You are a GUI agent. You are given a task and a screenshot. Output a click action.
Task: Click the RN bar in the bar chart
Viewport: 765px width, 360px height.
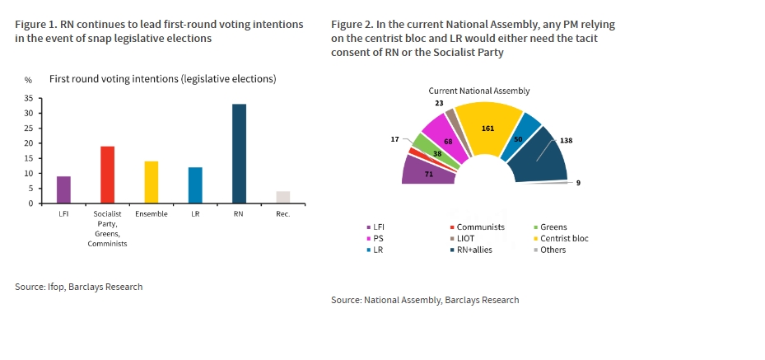pos(239,153)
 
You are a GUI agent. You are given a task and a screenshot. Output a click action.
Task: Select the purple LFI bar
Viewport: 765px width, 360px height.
pos(63,189)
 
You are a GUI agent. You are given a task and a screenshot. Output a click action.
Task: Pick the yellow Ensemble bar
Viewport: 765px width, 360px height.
pos(151,182)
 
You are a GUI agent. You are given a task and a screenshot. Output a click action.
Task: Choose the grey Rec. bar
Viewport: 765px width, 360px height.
pos(282,197)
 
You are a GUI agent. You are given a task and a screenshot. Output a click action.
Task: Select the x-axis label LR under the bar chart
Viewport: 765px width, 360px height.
pos(195,214)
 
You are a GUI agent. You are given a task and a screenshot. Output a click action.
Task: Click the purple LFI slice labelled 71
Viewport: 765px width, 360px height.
pos(427,171)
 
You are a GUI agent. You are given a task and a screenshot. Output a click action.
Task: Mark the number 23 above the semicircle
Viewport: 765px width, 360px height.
pos(439,103)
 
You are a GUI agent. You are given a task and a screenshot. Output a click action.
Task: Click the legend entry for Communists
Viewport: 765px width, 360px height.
pos(481,227)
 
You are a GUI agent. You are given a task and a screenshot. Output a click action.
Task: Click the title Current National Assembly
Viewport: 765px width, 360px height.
pos(478,91)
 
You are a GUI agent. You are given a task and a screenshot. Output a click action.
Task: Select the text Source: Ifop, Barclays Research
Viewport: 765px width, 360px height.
pos(79,287)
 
